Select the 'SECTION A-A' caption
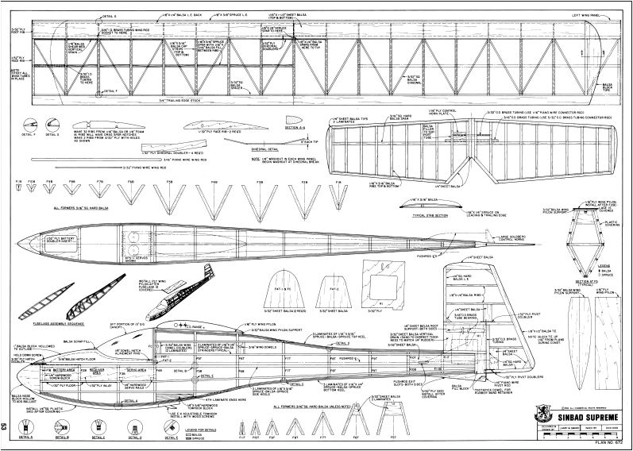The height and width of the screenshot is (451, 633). coord(273,126)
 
